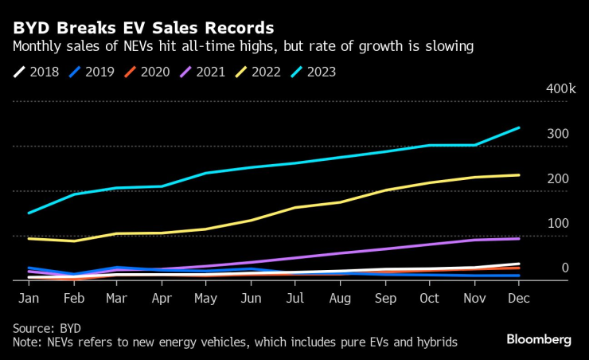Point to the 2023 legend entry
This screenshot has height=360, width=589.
[x=316, y=72]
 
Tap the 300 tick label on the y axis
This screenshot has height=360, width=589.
[x=558, y=134]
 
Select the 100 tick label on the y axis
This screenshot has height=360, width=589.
[x=558, y=223]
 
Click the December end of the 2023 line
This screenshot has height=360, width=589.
[x=519, y=127]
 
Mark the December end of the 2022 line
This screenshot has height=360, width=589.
[x=519, y=175]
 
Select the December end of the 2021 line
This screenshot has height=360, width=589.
[x=519, y=238]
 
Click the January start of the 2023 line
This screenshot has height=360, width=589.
[x=29, y=213]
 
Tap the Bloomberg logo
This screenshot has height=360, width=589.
[x=539, y=340]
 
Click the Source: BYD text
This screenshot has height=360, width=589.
[x=46, y=328]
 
